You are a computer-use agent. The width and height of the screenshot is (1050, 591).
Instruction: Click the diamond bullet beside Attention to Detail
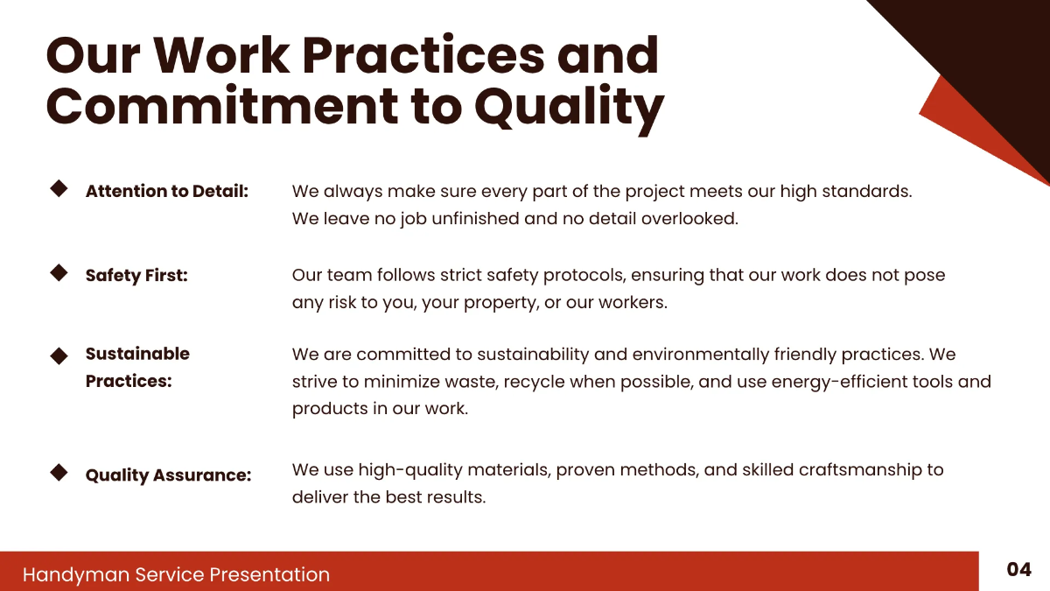pyautogui.click(x=59, y=188)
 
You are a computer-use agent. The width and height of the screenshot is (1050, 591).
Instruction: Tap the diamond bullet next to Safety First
pyautogui.click(x=59, y=272)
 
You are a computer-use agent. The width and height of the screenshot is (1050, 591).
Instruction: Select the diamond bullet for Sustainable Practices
pyautogui.click(x=59, y=355)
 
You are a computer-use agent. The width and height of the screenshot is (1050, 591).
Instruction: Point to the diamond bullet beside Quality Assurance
pyautogui.click(x=59, y=472)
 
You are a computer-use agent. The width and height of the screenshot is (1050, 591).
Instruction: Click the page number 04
pyautogui.click(x=1018, y=570)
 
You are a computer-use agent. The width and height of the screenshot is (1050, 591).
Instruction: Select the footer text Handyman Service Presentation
pyautogui.click(x=176, y=574)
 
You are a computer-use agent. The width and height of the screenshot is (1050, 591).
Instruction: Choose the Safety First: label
pyautogui.click(x=136, y=276)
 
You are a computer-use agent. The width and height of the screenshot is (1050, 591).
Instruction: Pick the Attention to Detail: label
pyautogui.click(x=167, y=191)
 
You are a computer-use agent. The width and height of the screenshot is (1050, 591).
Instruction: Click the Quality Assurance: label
pyautogui.click(x=168, y=475)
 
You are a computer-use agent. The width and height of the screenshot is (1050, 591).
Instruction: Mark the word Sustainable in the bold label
pyautogui.click(x=137, y=354)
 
